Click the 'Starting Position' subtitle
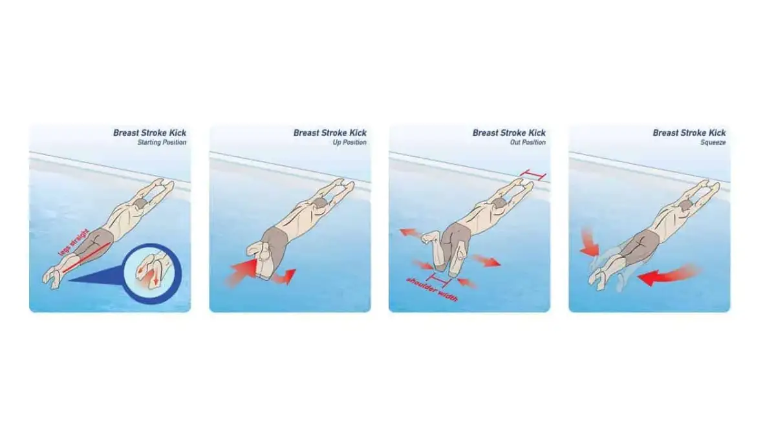pos(162,142)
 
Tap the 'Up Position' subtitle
pos(350,142)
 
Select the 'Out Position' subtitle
pos(528,142)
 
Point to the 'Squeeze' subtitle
pos(713,142)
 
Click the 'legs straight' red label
pos(74,242)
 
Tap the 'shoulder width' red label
pos(432,289)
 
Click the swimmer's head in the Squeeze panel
pos(685,206)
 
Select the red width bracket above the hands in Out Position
pos(533,175)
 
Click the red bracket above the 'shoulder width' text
pos(440,280)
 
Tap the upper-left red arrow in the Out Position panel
pos(411,233)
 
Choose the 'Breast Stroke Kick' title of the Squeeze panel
pos(689,132)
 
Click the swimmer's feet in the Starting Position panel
pos(52,278)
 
